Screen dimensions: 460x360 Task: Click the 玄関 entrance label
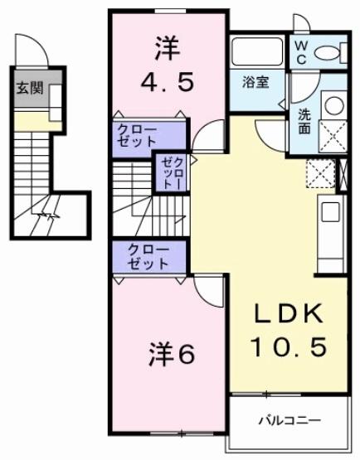coord(29,89)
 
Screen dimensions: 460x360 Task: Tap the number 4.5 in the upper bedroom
coord(168,84)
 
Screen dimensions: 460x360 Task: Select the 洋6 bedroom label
coord(173,354)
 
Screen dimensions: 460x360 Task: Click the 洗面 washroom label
coord(304,123)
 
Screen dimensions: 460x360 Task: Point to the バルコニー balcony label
coord(288,420)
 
